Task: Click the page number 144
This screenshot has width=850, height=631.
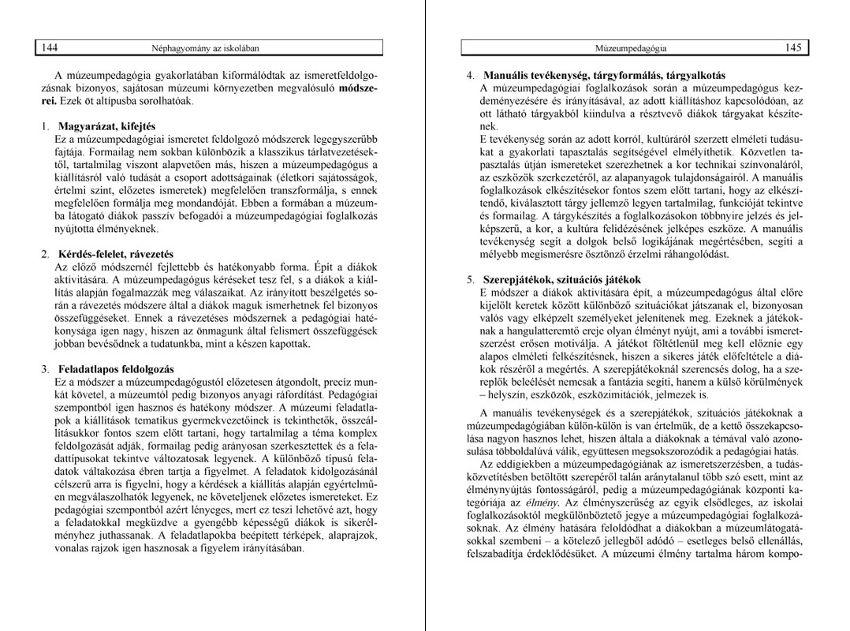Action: coord(49,47)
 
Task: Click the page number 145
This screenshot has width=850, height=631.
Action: coord(792,47)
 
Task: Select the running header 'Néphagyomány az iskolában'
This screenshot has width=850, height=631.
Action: coord(205,48)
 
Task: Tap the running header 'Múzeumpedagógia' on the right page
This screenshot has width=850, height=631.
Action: coord(631,48)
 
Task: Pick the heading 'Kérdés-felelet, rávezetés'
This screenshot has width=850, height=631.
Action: coord(115,254)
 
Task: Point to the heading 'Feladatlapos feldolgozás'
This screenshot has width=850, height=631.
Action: coord(115,369)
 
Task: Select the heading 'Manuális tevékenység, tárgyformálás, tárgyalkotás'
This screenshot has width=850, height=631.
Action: coord(605,76)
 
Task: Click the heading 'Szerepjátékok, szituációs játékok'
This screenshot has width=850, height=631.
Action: coord(562,280)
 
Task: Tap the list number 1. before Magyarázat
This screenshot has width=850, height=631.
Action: coord(45,126)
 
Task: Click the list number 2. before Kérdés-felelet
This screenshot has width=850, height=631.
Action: coord(45,254)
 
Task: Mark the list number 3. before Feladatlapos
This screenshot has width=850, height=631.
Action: coord(45,369)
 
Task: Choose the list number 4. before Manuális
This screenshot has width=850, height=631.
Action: coord(470,76)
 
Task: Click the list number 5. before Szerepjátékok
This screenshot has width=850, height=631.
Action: coord(470,280)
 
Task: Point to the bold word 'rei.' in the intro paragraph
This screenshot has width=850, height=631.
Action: coord(49,101)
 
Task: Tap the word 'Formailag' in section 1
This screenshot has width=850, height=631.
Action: coord(113,152)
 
